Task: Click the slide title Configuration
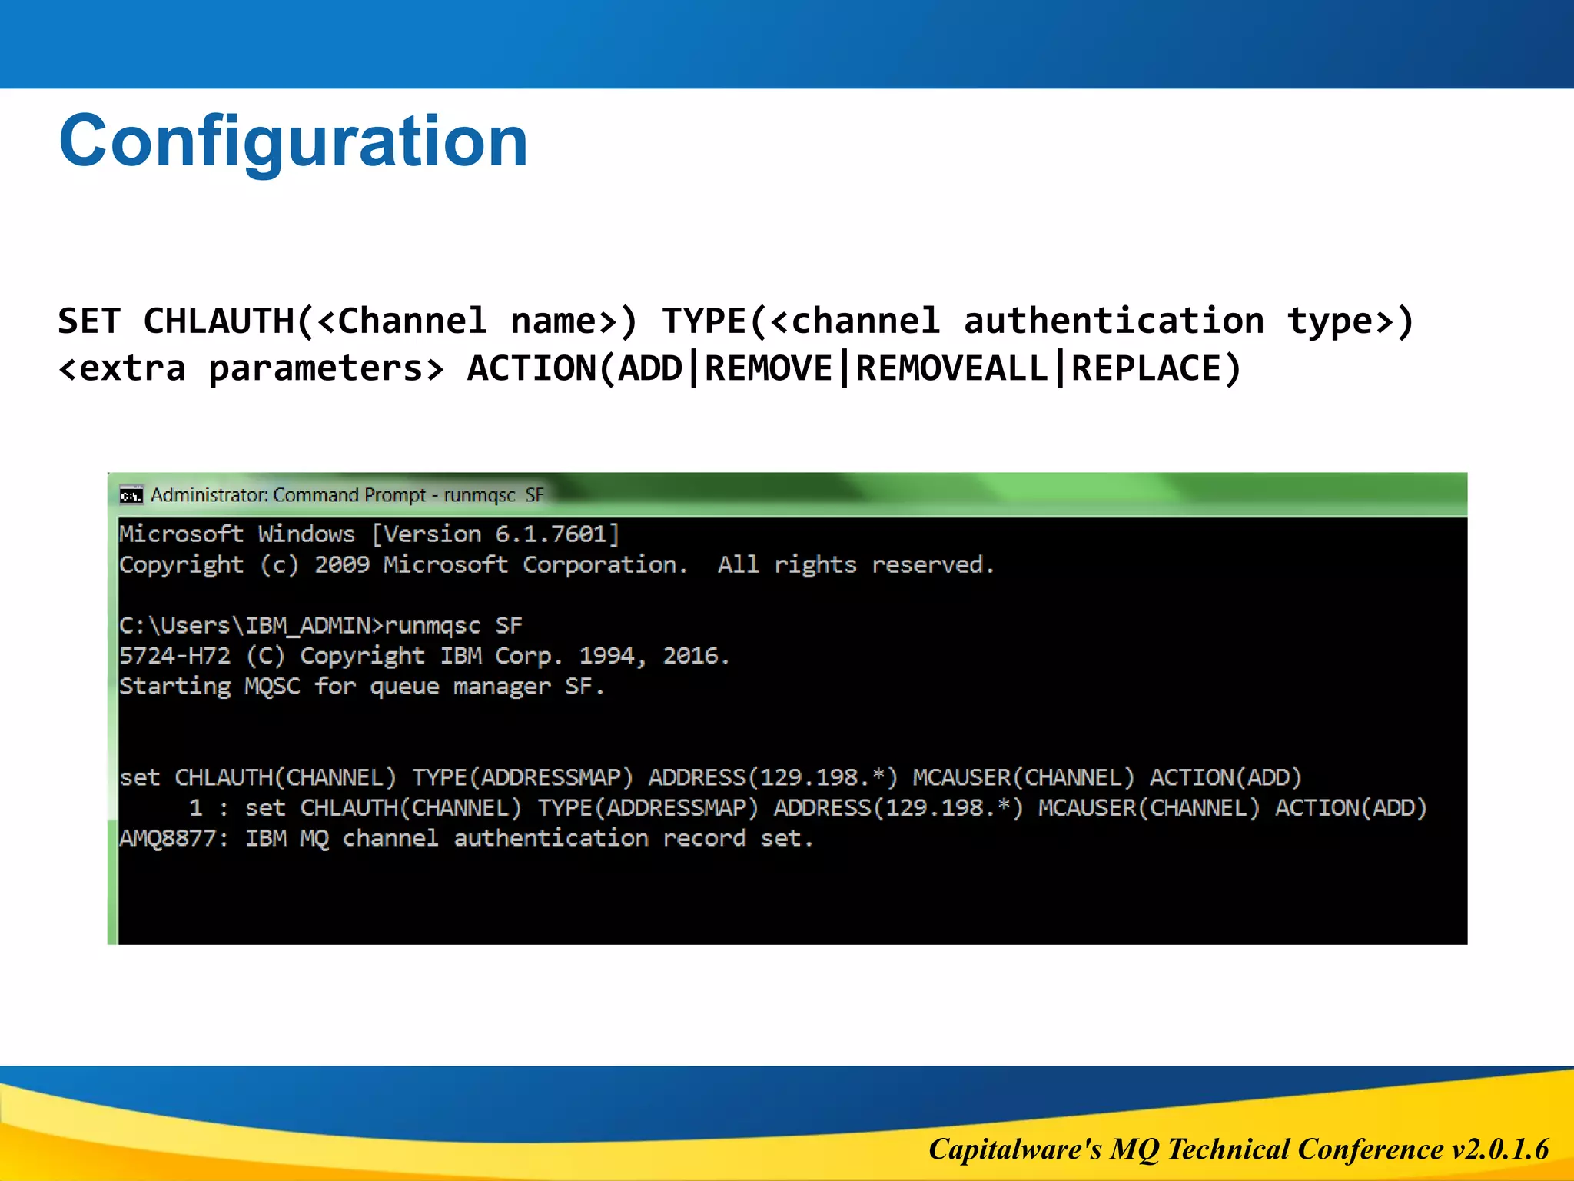pos(293,141)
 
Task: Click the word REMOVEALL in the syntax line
pos(951,368)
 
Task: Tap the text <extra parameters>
pos(251,368)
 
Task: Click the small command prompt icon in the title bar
pos(131,495)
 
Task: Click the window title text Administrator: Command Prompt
pos(287,495)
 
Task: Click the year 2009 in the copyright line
pos(342,564)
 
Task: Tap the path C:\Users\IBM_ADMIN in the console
pos(244,625)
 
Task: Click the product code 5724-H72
pos(174,656)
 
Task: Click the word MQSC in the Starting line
pos(272,686)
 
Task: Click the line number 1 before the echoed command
pos(196,807)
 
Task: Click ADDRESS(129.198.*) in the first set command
pos(772,777)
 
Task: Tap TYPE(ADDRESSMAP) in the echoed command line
pos(648,807)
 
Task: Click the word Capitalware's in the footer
pos(1014,1149)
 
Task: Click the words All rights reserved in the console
pos(855,564)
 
